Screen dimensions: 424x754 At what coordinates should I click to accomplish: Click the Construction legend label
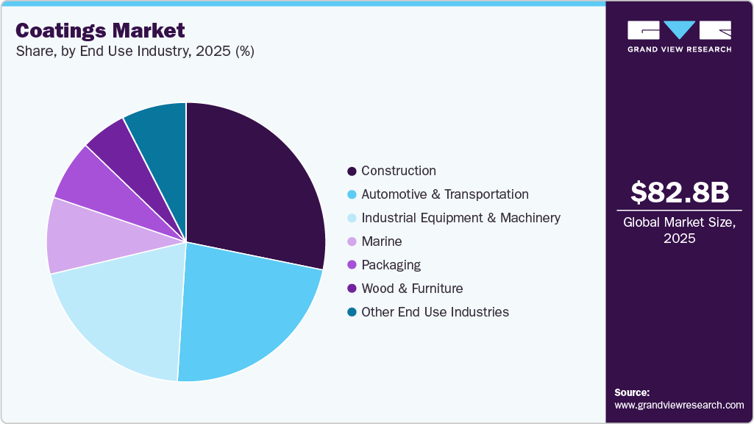398,171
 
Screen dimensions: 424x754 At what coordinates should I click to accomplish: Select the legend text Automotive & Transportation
444,194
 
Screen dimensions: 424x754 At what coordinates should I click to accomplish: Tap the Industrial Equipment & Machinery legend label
460,218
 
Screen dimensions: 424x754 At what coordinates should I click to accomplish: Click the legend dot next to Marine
352,242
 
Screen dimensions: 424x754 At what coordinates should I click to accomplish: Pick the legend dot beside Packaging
352,266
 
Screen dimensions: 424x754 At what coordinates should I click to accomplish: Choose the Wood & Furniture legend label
412,289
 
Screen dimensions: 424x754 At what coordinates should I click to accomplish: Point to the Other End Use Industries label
435,312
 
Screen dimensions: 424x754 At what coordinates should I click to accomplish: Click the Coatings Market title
100,31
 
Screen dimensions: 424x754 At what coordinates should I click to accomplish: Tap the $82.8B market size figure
680,192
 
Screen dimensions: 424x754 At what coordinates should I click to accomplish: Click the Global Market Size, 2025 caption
680,230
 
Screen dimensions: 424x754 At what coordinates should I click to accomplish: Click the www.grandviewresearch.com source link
679,405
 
